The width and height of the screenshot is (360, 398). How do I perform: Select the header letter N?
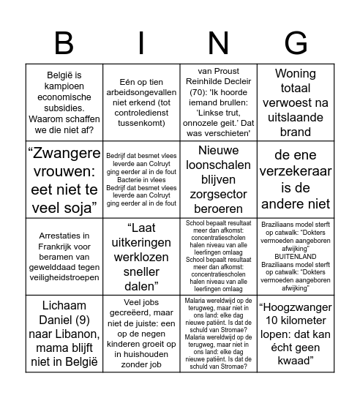218,43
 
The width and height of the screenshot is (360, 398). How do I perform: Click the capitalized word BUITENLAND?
295,257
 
